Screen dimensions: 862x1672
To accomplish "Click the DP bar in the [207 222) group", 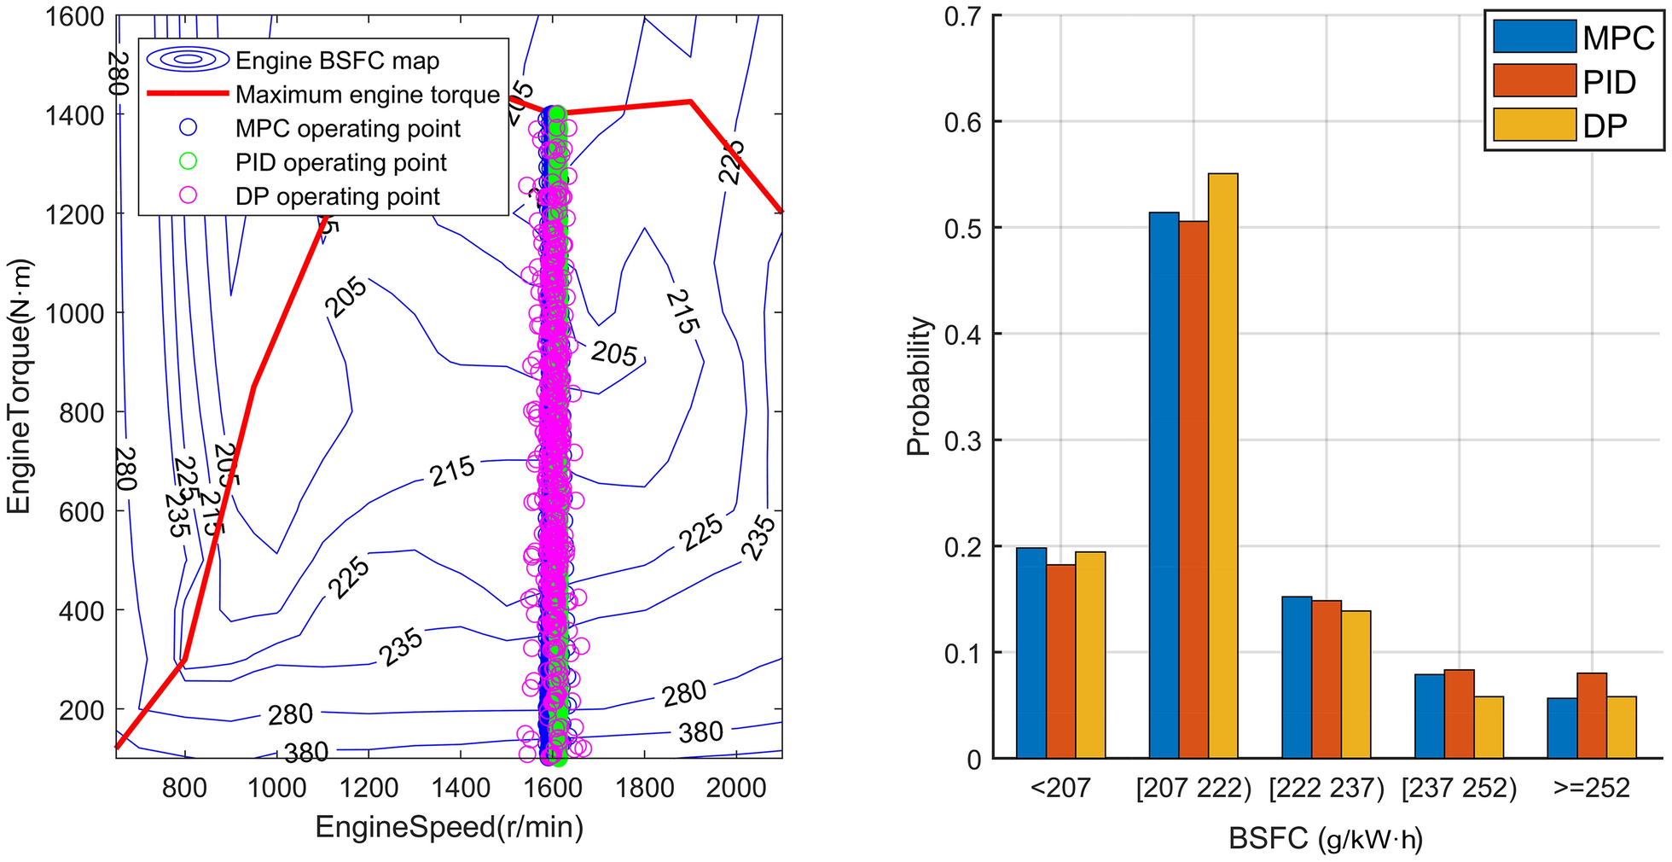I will click(x=1222, y=465).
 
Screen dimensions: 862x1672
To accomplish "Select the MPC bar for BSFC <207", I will click(x=1031, y=653).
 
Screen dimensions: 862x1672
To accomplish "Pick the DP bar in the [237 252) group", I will click(x=1489, y=727).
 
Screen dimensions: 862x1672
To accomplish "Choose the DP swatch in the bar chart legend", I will click(x=1534, y=125).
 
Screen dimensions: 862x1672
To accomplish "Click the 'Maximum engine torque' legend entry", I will click(x=368, y=95).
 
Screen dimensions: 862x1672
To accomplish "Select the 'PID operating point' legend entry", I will click(x=340, y=163).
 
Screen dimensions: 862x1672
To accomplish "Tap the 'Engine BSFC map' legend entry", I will click(x=337, y=61).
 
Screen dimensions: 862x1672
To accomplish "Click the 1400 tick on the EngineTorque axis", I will click(x=73, y=114).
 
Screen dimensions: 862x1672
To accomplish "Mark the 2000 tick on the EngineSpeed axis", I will click(x=736, y=787).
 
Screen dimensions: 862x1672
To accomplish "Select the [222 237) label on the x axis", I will click(x=1327, y=787).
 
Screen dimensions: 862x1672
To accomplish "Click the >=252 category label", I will click(x=1592, y=787).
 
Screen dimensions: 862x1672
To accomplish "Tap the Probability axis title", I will click(x=918, y=387).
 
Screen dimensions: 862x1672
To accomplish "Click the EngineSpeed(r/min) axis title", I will click(x=450, y=827).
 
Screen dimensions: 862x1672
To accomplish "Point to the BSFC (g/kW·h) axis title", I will click(x=1326, y=839).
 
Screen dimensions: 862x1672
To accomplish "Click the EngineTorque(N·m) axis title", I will click(x=19, y=387).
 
